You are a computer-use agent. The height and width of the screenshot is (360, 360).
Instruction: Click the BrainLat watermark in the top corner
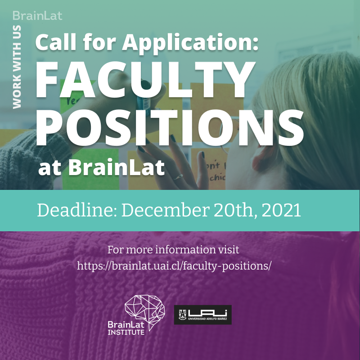[37, 16]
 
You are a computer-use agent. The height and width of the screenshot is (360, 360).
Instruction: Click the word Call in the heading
[53, 43]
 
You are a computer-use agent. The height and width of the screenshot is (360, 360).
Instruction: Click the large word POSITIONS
[170, 126]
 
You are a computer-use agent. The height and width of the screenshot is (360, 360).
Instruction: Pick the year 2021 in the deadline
[282, 210]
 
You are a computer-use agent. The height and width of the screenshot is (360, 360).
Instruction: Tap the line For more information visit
[173, 249]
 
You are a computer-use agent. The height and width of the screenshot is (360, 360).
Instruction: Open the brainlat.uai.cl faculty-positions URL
[174, 265]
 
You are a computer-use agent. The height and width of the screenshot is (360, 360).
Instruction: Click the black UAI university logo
[202, 315]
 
